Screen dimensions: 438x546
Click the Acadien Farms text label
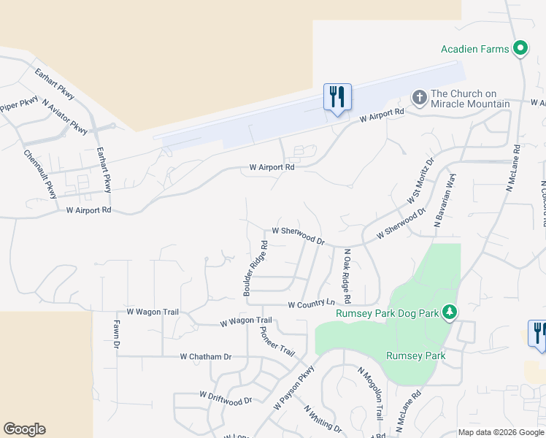point(474,50)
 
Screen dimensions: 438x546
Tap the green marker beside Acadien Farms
point(520,49)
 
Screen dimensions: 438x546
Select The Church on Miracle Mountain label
point(470,99)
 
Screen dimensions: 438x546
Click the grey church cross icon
point(419,97)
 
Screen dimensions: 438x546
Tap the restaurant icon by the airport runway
point(337,96)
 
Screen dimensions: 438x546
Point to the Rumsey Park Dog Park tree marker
point(450,312)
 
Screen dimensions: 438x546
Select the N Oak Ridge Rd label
point(345,277)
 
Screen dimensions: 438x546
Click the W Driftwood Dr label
point(226,397)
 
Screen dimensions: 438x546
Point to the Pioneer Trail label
point(277,341)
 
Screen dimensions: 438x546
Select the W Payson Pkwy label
point(294,387)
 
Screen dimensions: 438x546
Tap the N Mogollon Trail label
point(370,393)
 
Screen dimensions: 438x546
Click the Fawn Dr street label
point(116,333)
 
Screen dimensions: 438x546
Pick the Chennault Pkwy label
point(40,174)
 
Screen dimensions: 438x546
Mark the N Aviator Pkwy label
point(65,117)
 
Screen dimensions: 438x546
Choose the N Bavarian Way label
point(445,201)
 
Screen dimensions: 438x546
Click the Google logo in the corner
point(24,429)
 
